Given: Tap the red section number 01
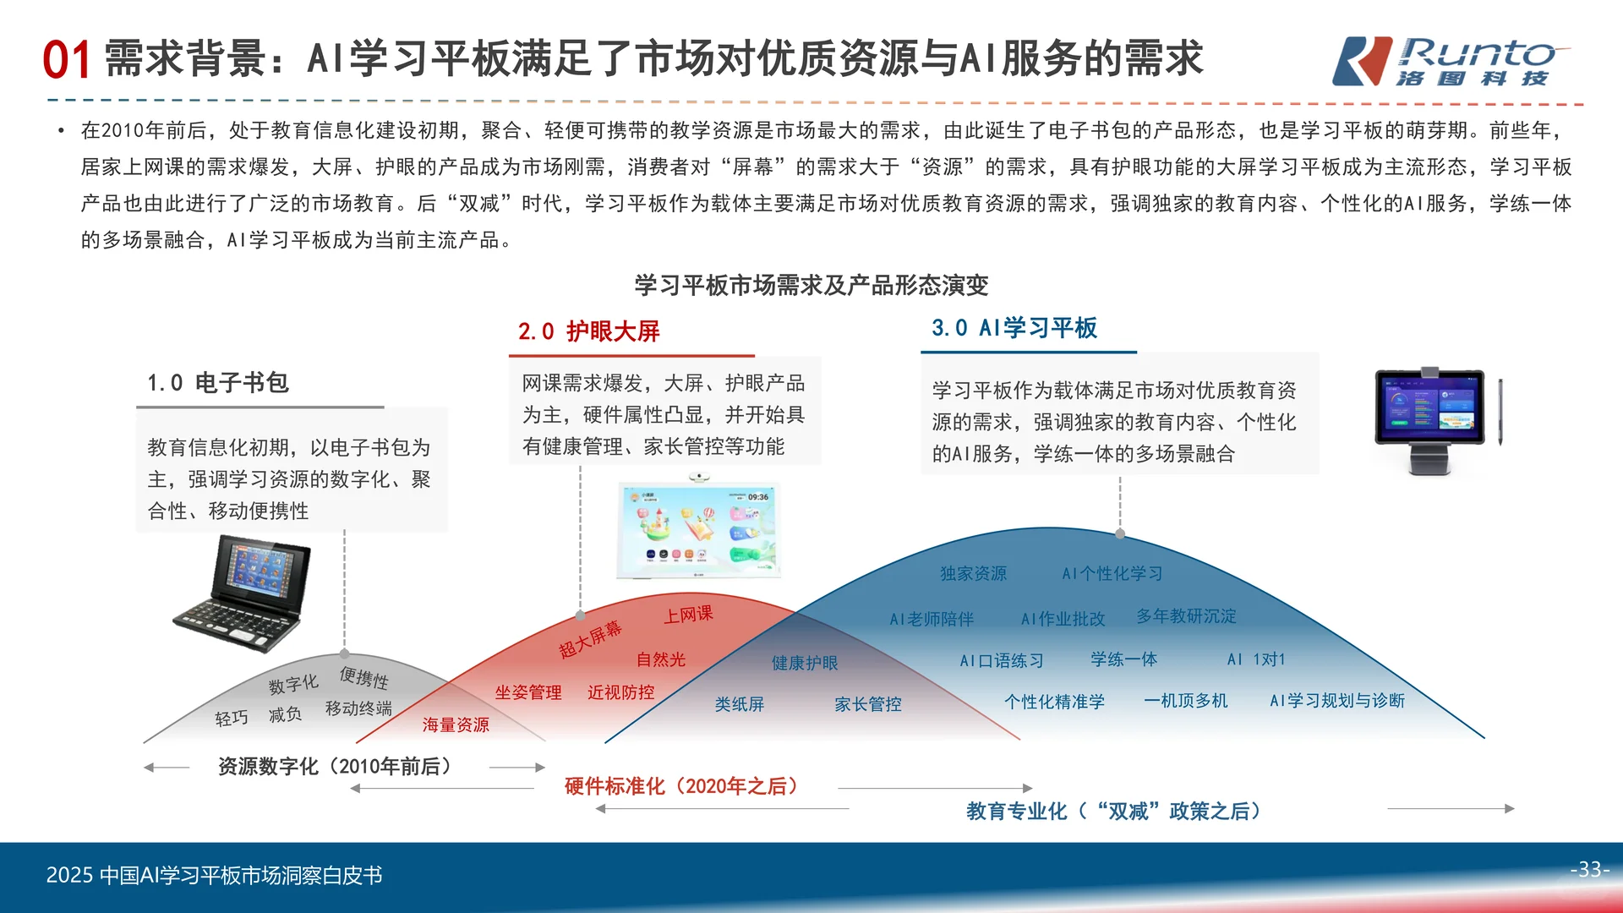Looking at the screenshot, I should [x=67, y=61].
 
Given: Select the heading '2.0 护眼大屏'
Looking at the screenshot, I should [x=588, y=331].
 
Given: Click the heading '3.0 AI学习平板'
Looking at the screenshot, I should [x=1014, y=328].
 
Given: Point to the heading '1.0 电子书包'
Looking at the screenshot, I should [x=218, y=383].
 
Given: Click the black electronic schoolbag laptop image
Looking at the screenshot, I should [x=243, y=594].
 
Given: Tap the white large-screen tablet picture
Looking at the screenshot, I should [x=699, y=530].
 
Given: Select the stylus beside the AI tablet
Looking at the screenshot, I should [x=1500, y=412].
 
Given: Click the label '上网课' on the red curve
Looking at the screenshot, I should [x=687, y=615].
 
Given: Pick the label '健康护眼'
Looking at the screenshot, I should [x=805, y=664].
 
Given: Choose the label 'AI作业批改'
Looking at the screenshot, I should [x=1063, y=619].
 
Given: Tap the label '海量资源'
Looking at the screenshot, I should [x=456, y=725].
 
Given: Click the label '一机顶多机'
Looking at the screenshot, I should [x=1185, y=701].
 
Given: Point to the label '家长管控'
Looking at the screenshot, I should [x=867, y=704].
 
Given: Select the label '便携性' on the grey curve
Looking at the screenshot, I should [x=363, y=678].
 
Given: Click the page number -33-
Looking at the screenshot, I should [x=1589, y=869].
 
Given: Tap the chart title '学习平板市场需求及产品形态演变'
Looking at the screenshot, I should [x=811, y=286].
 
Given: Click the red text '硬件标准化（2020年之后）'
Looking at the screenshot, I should [x=681, y=787].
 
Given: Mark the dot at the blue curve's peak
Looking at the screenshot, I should [x=1120, y=533].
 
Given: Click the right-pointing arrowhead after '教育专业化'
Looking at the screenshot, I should [x=1509, y=809].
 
